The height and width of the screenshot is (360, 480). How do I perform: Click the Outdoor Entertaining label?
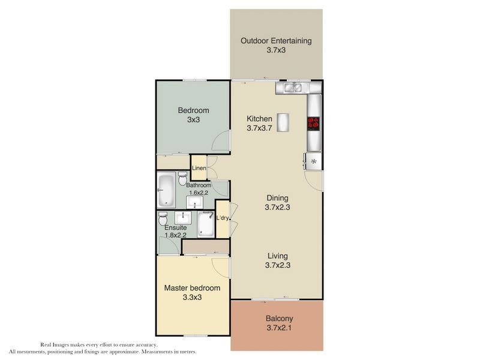coord(276,41)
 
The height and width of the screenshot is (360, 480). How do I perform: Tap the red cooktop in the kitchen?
coord(314,124)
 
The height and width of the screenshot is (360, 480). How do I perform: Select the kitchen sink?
coord(292,88)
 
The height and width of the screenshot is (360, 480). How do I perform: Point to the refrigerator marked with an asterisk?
coord(313,161)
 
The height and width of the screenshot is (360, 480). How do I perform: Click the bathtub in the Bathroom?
coord(164,190)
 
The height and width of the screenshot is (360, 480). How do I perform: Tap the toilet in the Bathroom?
coord(183,178)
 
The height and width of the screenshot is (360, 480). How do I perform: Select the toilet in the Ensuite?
coord(163,217)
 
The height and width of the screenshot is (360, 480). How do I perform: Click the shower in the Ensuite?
coord(206,224)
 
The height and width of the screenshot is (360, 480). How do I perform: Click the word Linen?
coord(199,169)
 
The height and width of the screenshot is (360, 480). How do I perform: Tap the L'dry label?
coord(223,217)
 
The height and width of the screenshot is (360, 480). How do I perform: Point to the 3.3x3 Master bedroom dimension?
coord(192,298)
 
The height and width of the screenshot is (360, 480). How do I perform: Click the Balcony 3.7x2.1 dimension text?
coord(277,328)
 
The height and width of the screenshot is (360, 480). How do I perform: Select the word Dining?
coord(276,198)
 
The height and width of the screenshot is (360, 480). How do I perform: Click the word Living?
coord(277,256)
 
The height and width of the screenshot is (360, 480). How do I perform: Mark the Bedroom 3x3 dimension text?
coord(193,119)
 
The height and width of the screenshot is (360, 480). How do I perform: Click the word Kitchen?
coord(259,119)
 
